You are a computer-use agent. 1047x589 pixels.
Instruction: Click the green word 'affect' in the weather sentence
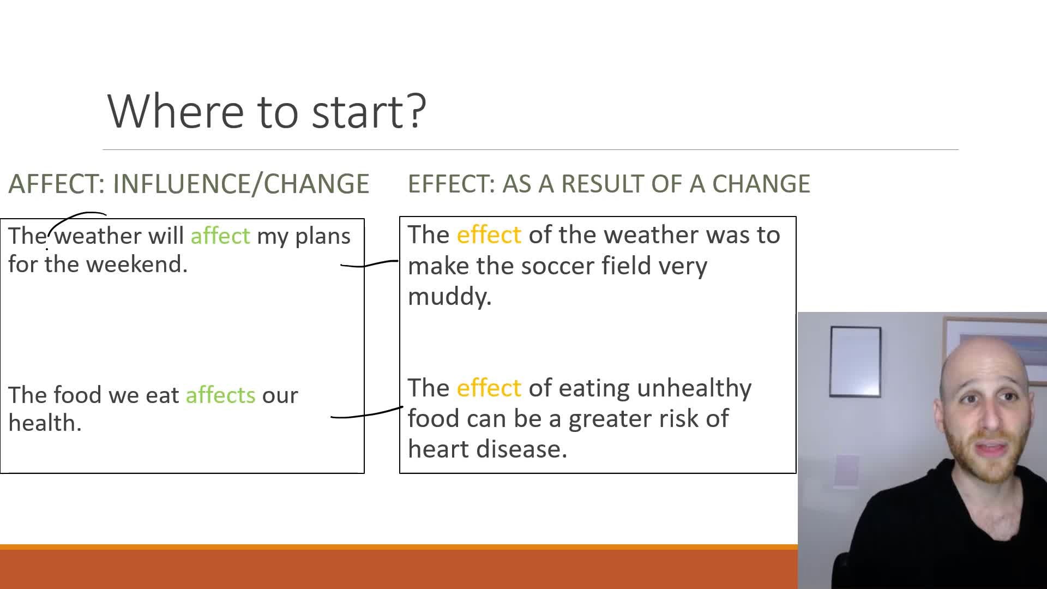220,236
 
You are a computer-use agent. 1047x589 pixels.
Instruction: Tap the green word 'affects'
220,394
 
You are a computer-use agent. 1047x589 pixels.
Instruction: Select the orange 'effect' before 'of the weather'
489,235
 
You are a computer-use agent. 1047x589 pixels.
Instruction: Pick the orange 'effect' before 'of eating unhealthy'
489,388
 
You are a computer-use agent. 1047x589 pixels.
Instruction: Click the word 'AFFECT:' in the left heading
57,184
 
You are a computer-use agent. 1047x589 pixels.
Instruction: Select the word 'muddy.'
450,297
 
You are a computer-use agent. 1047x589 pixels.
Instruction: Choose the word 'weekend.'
137,264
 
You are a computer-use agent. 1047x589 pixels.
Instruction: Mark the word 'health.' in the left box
45,423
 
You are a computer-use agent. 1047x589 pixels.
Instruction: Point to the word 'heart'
438,449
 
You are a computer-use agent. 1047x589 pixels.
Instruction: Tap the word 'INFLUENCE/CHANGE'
241,184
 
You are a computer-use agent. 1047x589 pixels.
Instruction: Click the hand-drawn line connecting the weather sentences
369,264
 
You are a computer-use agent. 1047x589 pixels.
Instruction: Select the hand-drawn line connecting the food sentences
366,413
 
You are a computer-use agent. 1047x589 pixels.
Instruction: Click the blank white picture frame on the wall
855,362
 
